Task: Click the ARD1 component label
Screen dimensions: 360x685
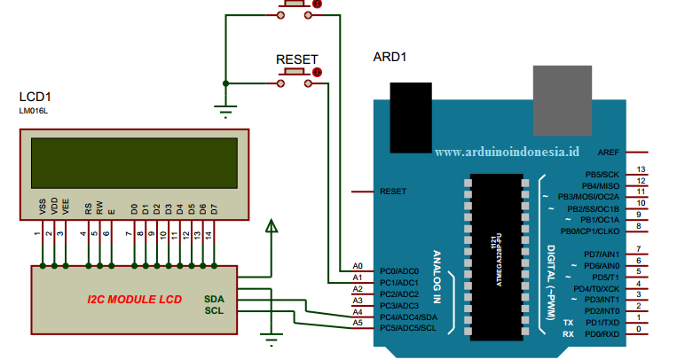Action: (x=390, y=57)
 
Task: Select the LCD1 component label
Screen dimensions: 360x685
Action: (x=35, y=97)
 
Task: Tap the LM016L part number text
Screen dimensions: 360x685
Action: (x=35, y=111)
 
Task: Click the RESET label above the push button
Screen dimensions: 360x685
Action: (x=297, y=59)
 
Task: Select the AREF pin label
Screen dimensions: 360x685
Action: (x=609, y=152)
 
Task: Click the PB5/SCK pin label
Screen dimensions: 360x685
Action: (x=602, y=175)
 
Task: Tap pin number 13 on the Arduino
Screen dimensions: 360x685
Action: (x=640, y=169)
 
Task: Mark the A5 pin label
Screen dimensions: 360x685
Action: (x=358, y=323)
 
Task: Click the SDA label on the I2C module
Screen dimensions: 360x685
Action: (x=214, y=299)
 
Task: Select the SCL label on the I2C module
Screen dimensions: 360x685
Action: (x=214, y=310)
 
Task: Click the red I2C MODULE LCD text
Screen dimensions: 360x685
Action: (x=134, y=300)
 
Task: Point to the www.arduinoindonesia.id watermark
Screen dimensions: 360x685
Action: (x=507, y=152)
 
